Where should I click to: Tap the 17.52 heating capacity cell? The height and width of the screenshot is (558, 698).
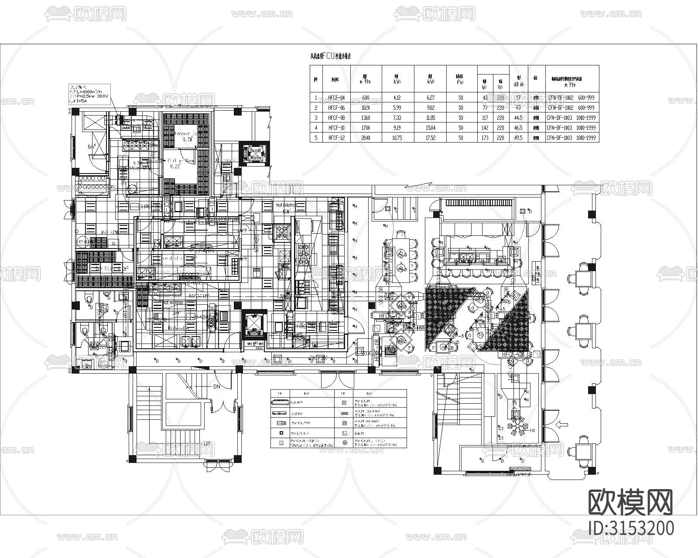click(430, 138)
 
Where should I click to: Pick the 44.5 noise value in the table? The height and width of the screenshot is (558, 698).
click(518, 118)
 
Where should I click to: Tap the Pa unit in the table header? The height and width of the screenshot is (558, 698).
click(460, 81)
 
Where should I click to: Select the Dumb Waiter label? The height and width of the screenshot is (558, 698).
click(255, 154)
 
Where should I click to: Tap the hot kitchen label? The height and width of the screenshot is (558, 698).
click(286, 205)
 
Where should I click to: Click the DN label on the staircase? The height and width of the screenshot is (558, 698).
click(217, 386)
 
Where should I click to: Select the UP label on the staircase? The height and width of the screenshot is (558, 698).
click(207, 443)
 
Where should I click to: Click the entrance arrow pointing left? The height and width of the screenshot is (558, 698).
click(563, 423)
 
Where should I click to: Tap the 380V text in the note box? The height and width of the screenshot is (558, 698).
click(102, 95)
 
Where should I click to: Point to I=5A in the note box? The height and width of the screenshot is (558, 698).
click(81, 100)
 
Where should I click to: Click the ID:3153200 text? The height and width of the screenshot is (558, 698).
click(631, 528)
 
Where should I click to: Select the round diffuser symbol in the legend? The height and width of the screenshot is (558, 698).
click(344, 442)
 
